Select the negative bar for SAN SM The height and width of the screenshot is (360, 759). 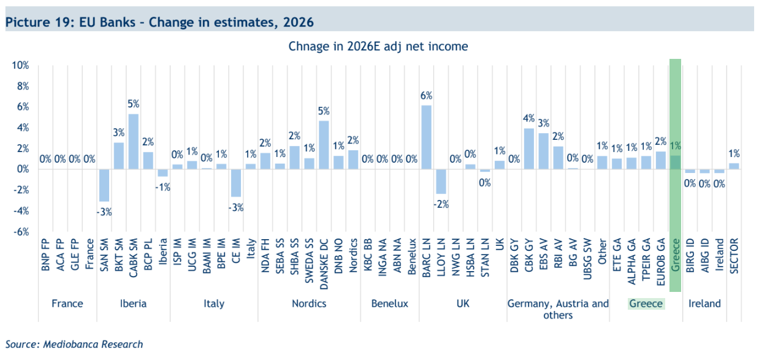[104, 185]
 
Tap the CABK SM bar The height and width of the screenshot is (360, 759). [133, 142]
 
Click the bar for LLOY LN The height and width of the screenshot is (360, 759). [441, 181]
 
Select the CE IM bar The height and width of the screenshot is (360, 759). [236, 183]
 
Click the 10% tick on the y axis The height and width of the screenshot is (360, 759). [20, 66]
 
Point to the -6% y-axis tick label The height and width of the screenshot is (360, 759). [20, 232]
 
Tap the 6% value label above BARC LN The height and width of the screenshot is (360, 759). [427, 96]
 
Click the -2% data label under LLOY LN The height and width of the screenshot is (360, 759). [441, 205]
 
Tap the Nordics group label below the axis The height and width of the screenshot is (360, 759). [309, 304]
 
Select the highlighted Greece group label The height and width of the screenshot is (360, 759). [646, 304]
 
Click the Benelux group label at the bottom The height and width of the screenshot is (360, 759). [389, 304]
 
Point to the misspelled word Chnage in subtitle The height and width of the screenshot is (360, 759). [309, 46]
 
